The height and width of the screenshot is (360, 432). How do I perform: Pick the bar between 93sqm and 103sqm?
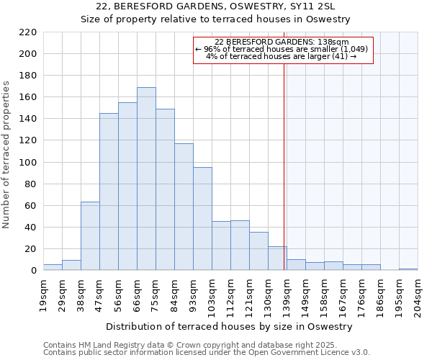point(202,219)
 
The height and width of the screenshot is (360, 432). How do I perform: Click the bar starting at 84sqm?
point(184,207)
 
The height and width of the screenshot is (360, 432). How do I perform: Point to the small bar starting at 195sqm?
point(408,269)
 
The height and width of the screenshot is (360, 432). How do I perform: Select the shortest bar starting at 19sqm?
point(53,267)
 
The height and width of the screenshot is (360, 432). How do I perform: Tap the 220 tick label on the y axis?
point(28,32)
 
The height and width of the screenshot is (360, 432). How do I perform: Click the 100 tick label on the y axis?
point(28,163)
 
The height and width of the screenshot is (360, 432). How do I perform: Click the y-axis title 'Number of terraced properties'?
point(7,155)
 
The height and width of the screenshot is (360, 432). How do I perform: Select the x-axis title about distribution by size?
point(230,326)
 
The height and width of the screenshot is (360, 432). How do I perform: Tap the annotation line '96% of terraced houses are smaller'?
point(282,49)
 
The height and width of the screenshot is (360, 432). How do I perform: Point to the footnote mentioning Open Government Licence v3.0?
point(207,352)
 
